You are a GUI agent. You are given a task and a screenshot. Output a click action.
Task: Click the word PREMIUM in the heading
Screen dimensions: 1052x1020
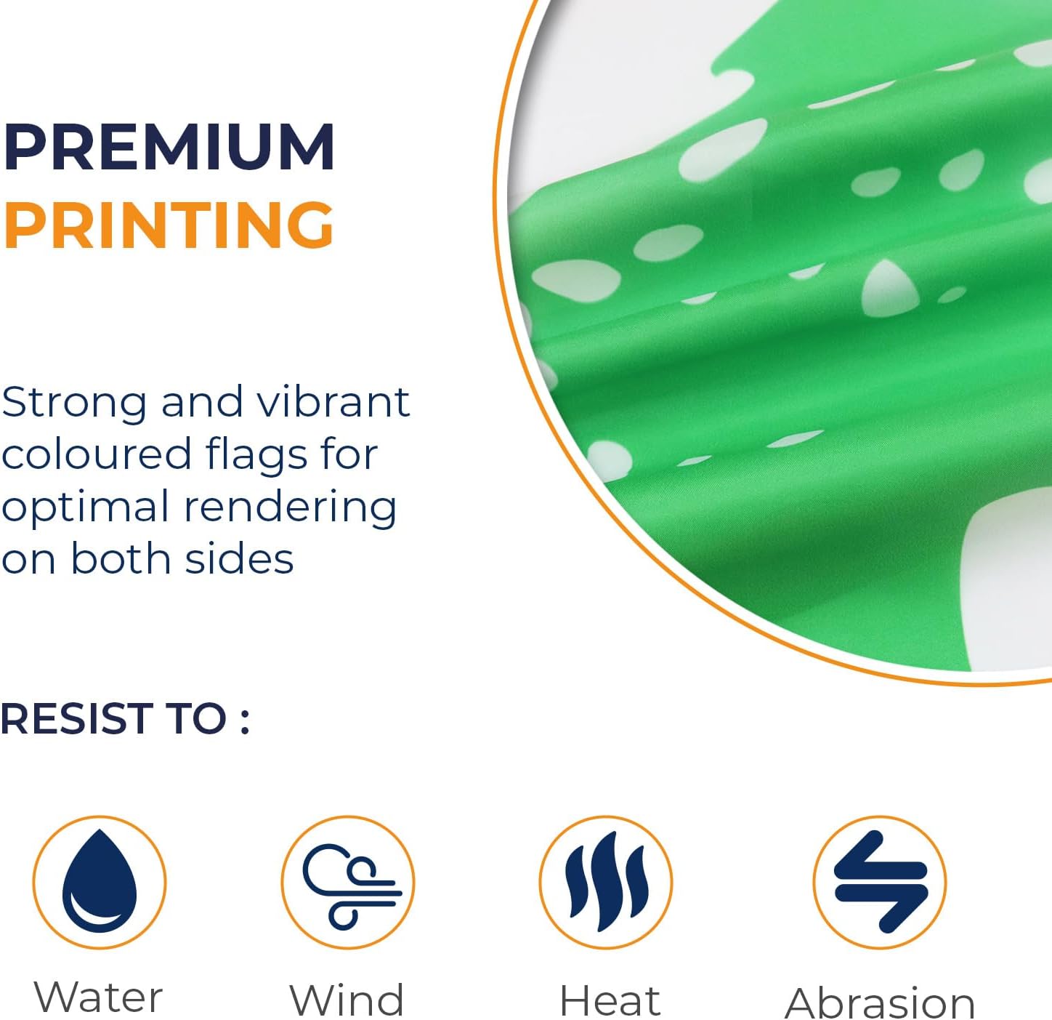click(168, 147)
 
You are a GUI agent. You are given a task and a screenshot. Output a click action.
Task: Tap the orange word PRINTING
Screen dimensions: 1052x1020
click(168, 225)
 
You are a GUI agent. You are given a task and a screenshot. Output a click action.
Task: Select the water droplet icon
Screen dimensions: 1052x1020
click(100, 882)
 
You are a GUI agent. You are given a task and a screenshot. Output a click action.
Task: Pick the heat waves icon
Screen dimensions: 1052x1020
click(606, 882)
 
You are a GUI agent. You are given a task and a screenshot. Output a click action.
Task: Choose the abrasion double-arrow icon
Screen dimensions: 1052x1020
click(881, 882)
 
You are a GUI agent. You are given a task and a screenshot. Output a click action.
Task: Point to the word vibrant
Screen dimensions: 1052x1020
click(333, 402)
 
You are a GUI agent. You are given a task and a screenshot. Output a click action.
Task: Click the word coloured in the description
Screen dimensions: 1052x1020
click(96, 454)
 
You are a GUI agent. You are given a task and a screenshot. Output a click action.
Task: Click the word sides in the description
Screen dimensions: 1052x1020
click(240, 558)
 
